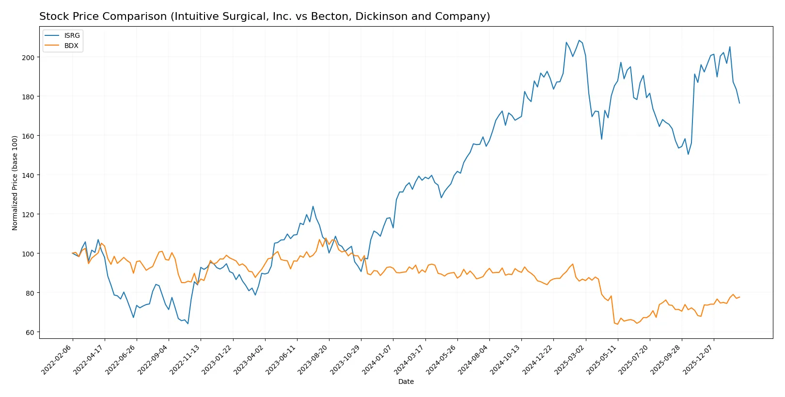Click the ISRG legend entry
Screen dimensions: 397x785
tap(72, 35)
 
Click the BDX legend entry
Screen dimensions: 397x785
tap(71, 46)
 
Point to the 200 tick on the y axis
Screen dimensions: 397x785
tap(28, 57)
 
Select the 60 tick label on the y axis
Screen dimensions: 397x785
tap(30, 333)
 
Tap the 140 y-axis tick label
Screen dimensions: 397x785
tap(28, 175)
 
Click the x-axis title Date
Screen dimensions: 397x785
tap(406, 381)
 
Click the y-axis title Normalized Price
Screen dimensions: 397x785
tap(15, 183)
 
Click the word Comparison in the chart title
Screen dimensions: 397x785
tap(133, 16)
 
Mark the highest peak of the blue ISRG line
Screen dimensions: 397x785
tap(579, 40)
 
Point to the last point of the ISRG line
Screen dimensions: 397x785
tap(739, 103)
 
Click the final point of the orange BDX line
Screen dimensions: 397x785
tap(739, 297)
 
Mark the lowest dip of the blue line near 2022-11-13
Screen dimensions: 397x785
tap(188, 323)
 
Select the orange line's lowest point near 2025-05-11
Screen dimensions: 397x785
tap(617, 324)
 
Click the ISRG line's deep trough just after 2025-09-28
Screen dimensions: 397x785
tap(688, 154)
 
